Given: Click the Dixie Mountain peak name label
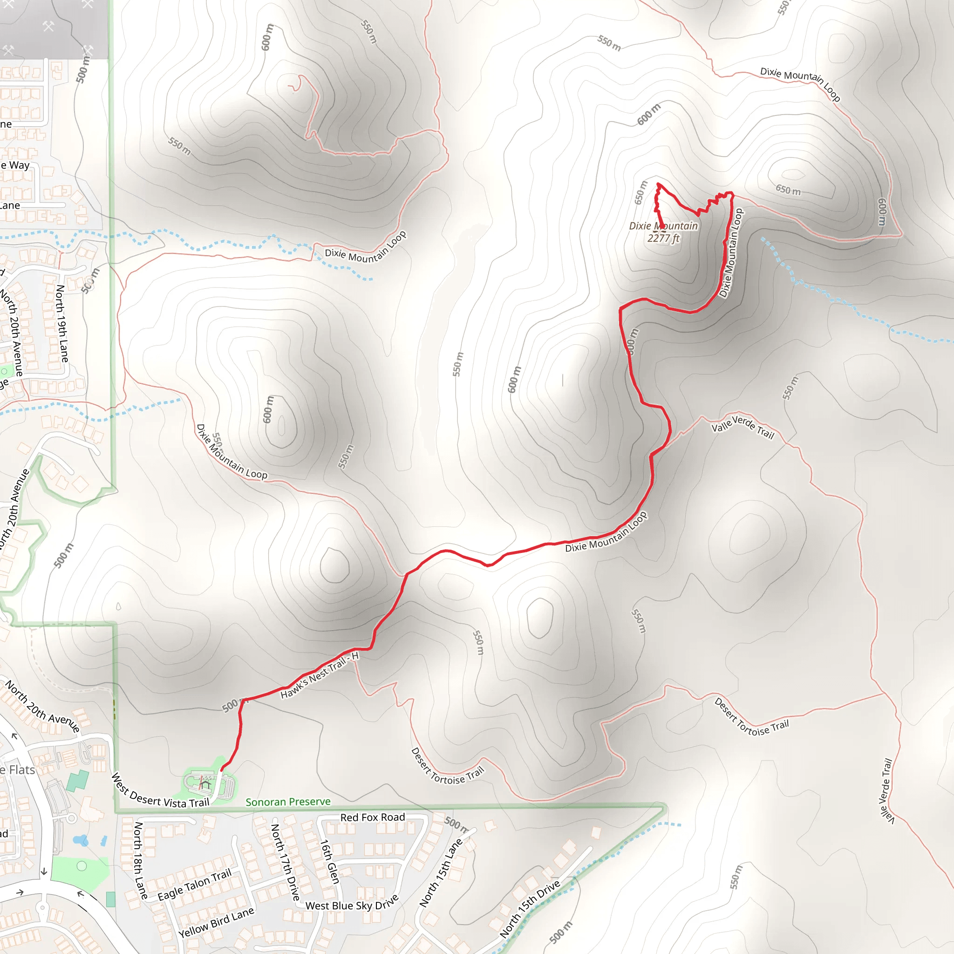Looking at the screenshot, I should (x=663, y=225).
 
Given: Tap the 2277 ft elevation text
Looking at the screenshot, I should (x=663, y=238).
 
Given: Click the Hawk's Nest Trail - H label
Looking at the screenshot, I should (x=320, y=675).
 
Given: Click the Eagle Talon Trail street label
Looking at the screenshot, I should (x=195, y=885).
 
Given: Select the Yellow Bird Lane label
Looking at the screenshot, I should (x=216, y=922).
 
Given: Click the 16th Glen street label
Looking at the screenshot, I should (x=329, y=861).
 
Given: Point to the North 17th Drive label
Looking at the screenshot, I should (x=286, y=862).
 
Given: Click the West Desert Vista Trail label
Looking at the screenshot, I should (x=161, y=791).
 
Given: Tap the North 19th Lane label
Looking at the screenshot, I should (x=62, y=323).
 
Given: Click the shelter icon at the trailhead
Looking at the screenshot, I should (x=205, y=784).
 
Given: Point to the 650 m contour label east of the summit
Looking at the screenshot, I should (x=788, y=190).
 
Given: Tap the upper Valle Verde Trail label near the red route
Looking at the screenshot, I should (x=742, y=427).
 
